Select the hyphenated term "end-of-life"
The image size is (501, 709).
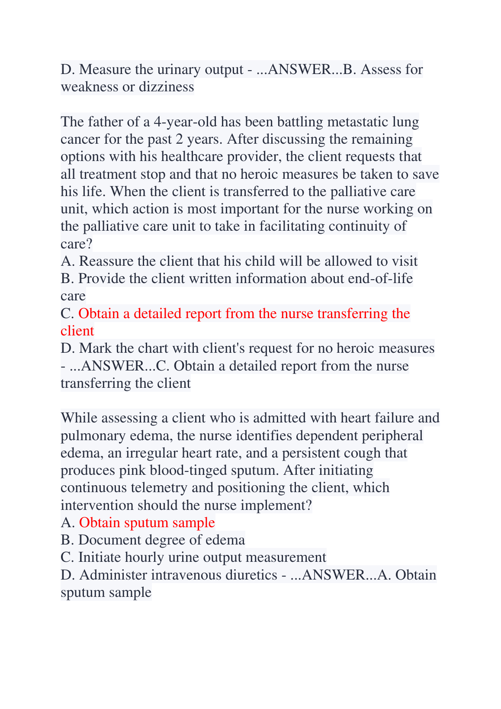(380, 279)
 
